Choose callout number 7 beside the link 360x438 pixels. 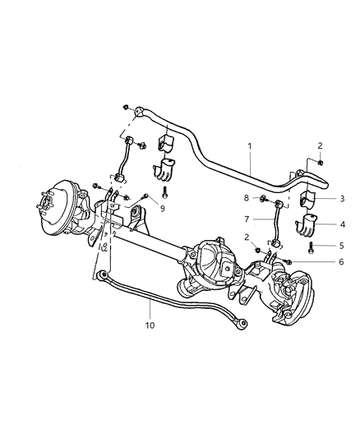point(246,220)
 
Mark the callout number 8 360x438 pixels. point(246,198)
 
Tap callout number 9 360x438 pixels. point(163,209)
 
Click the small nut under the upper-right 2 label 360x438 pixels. point(319,162)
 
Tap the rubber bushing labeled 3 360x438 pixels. point(303,201)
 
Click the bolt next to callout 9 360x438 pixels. point(145,197)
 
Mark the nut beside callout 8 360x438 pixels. point(261,199)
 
